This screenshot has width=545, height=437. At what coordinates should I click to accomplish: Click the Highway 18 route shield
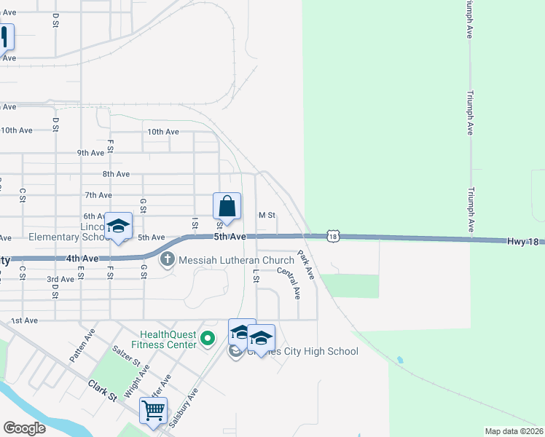pos(333,236)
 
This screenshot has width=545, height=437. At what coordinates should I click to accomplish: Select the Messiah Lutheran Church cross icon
pos(168,259)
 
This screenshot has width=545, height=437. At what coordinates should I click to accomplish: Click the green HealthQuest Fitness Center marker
pos(208,339)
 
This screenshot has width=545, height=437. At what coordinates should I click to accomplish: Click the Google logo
pos(23,428)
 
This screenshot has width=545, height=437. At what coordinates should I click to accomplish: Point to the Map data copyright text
pos(514,431)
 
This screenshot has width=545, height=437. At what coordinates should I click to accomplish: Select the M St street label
pos(267,216)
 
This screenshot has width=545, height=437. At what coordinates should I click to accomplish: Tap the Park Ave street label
pos(305,265)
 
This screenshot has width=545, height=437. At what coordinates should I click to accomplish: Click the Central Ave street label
pos(289,283)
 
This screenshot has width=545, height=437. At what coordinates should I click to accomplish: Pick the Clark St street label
pos(103,390)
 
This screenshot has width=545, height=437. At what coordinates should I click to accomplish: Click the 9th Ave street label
pos(91,153)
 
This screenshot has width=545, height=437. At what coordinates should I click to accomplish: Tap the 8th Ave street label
pos(116,174)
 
